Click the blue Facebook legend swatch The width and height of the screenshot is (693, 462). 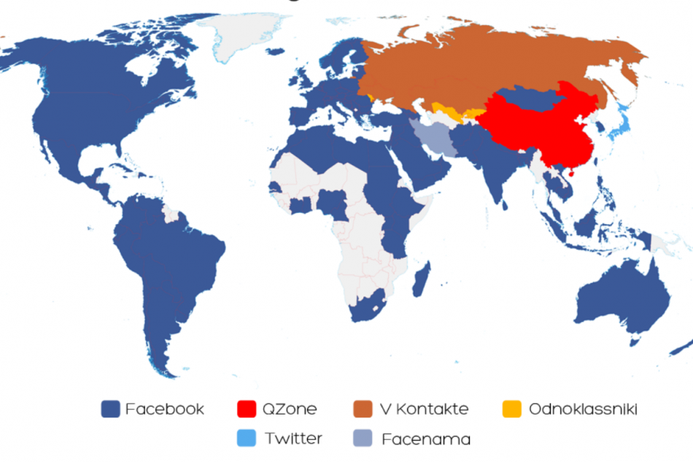pos(110,409)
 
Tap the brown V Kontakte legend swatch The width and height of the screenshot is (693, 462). pos(363,409)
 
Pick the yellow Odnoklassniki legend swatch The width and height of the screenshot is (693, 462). pos(514,409)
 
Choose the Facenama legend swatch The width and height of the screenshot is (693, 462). pos(363,439)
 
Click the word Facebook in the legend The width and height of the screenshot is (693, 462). pos(164,409)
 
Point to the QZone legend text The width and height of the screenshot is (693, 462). pos(290,409)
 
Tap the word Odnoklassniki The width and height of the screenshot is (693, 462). pos(583,409)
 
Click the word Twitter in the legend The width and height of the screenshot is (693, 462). pos(293,439)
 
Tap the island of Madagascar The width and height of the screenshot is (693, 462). pos(422,282)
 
